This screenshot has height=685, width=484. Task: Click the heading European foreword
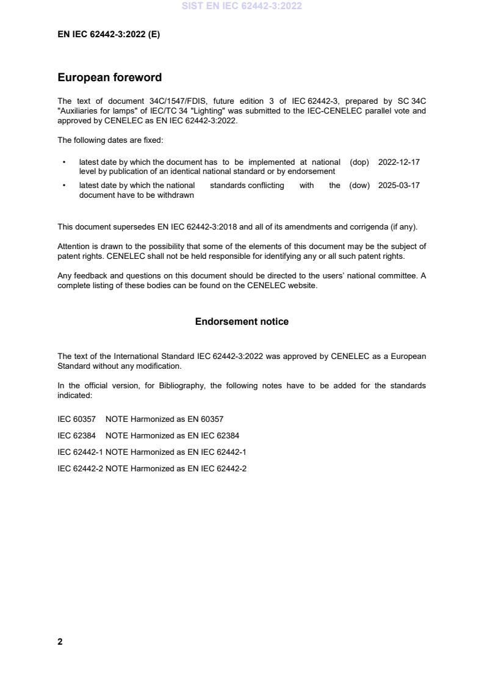click(109, 78)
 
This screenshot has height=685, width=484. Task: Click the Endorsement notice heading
click(242, 322)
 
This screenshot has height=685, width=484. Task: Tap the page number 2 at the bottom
click(60, 642)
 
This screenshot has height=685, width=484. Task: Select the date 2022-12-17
click(399, 162)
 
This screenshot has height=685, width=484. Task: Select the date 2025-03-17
click(399, 186)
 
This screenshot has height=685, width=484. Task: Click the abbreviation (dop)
click(359, 162)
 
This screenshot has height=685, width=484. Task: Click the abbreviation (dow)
click(359, 186)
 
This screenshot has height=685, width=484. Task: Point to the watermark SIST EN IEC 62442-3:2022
click(242, 6)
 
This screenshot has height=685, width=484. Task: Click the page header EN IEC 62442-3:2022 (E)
click(109, 35)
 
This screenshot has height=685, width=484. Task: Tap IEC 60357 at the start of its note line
click(76, 419)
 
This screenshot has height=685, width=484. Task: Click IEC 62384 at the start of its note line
click(76, 436)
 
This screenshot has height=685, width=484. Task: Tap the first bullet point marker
click(64, 162)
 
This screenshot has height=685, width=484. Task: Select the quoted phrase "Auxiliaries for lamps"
click(100, 111)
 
